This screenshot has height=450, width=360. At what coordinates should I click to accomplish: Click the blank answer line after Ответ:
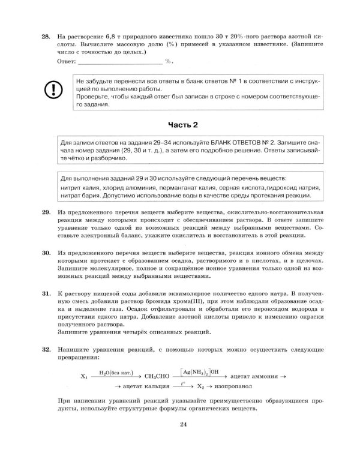click(120, 61)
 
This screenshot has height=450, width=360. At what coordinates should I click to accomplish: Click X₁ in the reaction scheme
click(84, 376)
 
